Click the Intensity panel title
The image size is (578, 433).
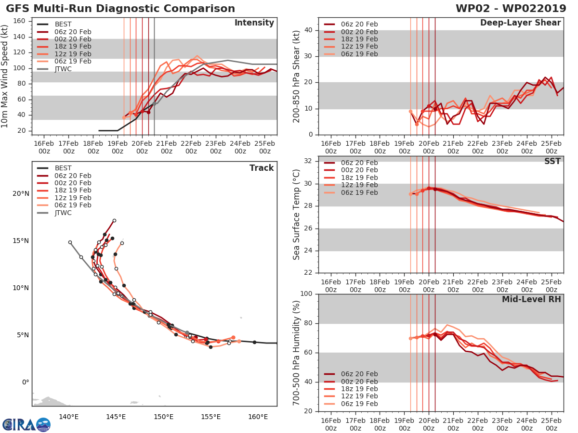tap(254, 23)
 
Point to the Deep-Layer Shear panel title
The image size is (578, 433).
tap(520, 23)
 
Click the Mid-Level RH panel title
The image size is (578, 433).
tap(531, 300)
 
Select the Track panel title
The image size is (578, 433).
tap(262, 168)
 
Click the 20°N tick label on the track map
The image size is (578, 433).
tap(20, 194)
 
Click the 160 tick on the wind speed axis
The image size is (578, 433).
tap(19, 21)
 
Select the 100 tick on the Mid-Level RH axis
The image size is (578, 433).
tap(306, 294)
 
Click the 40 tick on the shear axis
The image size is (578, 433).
tap(308, 30)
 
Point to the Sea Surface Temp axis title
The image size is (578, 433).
tap(297, 214)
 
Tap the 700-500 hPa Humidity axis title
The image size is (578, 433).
tap(297, 353)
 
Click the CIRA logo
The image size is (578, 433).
tap(26, 424)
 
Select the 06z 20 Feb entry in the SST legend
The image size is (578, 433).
tap(359, 163)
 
